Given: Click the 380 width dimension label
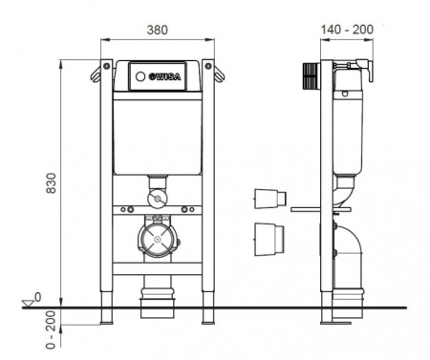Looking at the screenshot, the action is point(157,30).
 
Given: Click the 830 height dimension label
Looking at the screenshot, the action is point(51,183).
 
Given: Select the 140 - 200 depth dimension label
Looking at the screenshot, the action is point(347,30).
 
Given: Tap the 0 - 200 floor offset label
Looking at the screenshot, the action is point(51,329).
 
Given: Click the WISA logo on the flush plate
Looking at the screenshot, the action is point(165,76).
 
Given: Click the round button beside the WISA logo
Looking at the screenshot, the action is point(140,76).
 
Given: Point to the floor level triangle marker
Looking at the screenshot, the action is point(28,303).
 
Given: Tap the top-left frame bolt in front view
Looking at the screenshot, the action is point(106,66).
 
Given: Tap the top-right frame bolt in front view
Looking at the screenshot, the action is point(208,66).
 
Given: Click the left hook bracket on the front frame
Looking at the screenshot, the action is point(96,74).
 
